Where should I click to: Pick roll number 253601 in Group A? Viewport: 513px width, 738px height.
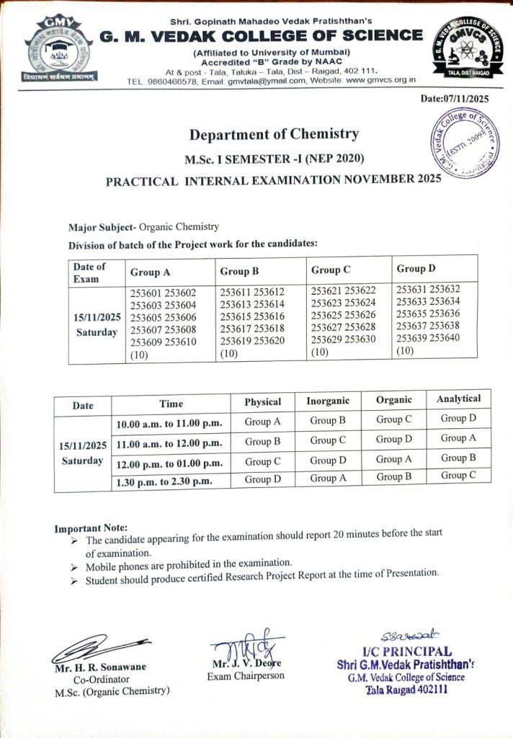tap(146, 293)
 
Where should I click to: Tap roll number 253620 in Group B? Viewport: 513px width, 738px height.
tap(267, 342)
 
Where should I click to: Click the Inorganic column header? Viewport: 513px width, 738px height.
tap(328, 401)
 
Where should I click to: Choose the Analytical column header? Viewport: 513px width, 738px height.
tap(458, 399)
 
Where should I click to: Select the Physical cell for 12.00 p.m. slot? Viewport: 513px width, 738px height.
tap(263, 462)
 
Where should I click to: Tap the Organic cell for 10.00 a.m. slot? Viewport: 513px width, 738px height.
tap(394, 419)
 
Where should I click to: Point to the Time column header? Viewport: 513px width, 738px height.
tap(171, 404)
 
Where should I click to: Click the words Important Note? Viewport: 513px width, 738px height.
tap(91, 528)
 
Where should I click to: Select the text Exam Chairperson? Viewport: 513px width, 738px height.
tap(246, 676)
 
